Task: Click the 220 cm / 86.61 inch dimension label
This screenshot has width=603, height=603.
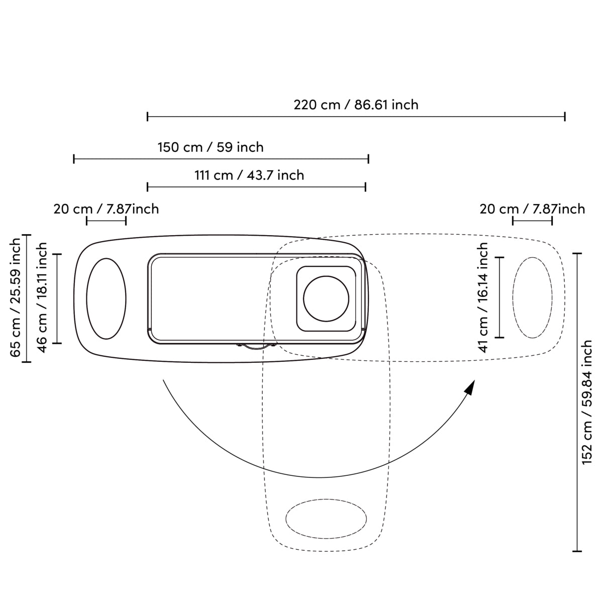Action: coord(356,105)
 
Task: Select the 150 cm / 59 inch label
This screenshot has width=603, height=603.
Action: coord(211,147)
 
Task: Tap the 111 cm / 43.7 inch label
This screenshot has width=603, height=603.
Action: coord(249,175)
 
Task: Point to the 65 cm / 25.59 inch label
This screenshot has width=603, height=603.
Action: coord(16,298)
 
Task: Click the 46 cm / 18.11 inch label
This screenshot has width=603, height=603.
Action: coord(42,297)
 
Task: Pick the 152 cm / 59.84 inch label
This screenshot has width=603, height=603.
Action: coord(587,403)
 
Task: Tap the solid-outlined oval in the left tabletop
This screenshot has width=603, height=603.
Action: coord(106,298)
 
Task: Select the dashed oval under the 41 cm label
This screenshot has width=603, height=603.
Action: coord(532,297)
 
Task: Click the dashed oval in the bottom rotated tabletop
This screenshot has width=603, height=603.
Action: coord(326,519)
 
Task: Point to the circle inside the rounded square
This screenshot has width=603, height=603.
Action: coord(326,297)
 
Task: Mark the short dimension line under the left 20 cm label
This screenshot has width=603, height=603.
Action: coord(106,220)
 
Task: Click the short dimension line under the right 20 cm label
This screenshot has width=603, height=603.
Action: coord(532,220)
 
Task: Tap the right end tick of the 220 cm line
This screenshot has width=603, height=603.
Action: coord(565,117)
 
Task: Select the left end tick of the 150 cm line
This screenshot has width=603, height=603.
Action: coord(74,159)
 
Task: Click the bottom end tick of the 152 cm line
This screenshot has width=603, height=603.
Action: coord(577,551)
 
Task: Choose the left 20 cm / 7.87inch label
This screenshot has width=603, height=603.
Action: coord(106,209)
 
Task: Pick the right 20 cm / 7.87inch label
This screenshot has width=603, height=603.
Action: coord(532,209)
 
